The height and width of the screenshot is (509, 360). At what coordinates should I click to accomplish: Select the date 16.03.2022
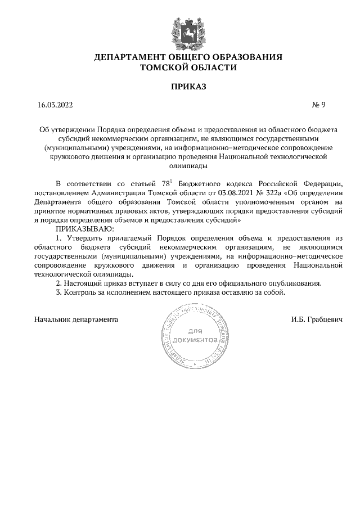(x=55, y=104)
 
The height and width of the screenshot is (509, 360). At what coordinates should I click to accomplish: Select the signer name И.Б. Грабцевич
(x=301, y=319)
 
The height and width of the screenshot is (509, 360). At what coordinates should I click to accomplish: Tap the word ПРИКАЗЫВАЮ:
(x=85, y=229)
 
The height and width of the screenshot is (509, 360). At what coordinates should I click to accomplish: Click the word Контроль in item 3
(x=80, y=293)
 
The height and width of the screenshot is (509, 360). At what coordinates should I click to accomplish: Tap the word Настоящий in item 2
(x=84, y=283)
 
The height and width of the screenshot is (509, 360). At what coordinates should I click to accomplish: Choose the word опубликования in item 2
(x=295, y=283)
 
